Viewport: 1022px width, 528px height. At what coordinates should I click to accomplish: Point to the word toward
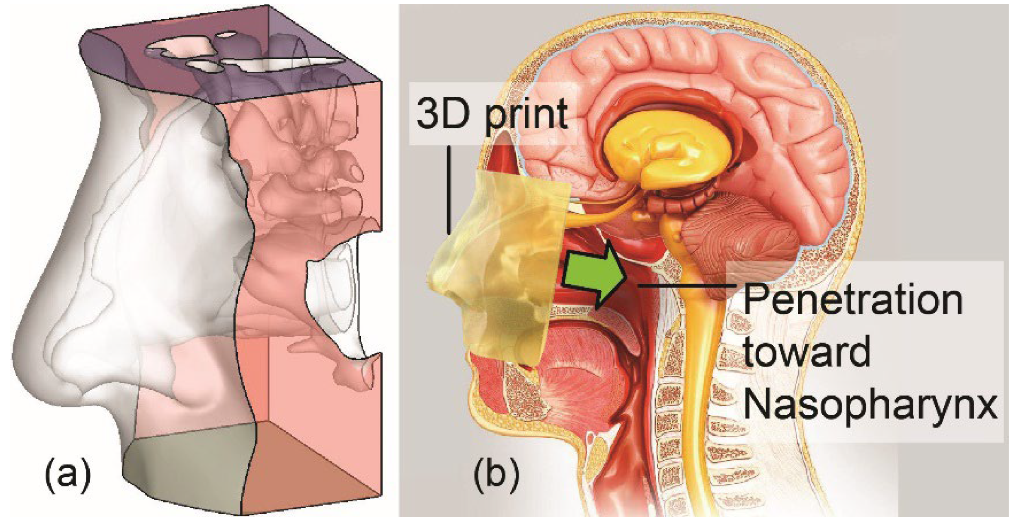coord(807,352)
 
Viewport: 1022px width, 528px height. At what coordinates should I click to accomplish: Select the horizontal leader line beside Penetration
coord(687,285)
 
